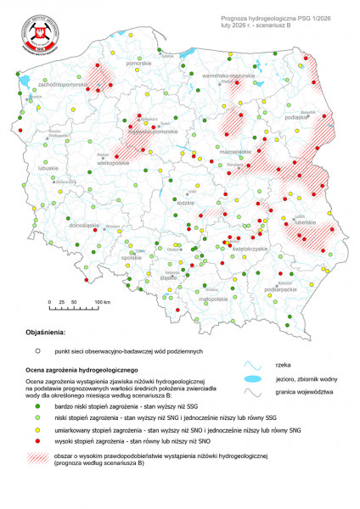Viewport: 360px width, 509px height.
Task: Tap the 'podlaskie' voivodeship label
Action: [x=296, y=117]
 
